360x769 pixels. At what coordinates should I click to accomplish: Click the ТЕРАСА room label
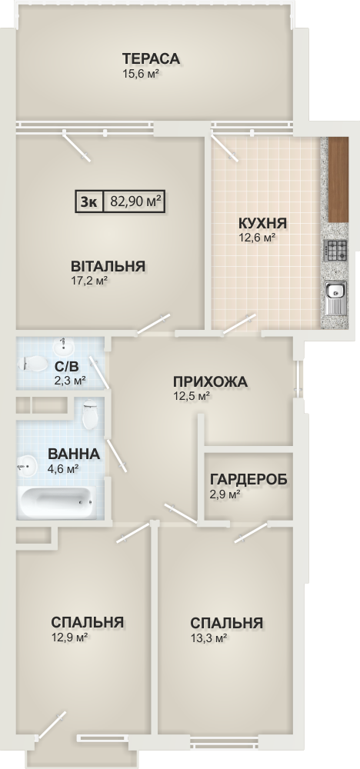[151, 59]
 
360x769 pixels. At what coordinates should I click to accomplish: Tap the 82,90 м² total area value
[136, 201]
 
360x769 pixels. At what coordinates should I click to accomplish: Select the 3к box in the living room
[88, 201]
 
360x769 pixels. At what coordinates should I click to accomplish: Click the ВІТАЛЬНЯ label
[108, 266]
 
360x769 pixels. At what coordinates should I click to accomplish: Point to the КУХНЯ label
[262, 224]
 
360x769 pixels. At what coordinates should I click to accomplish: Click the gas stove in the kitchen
[335, 250]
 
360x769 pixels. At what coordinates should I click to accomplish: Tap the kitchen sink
[335, 298]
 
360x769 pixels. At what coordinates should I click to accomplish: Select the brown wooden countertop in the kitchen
[338, 179]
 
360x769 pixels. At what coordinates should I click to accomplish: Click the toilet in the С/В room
[32, 364]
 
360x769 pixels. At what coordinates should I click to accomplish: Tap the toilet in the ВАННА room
[90, 414]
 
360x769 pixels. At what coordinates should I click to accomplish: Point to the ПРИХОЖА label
[209, 381]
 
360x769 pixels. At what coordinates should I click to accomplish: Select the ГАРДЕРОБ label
[248, 479]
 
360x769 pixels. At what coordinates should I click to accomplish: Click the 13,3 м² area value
[208, 638]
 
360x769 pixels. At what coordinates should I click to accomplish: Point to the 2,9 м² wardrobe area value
[225, 494]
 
